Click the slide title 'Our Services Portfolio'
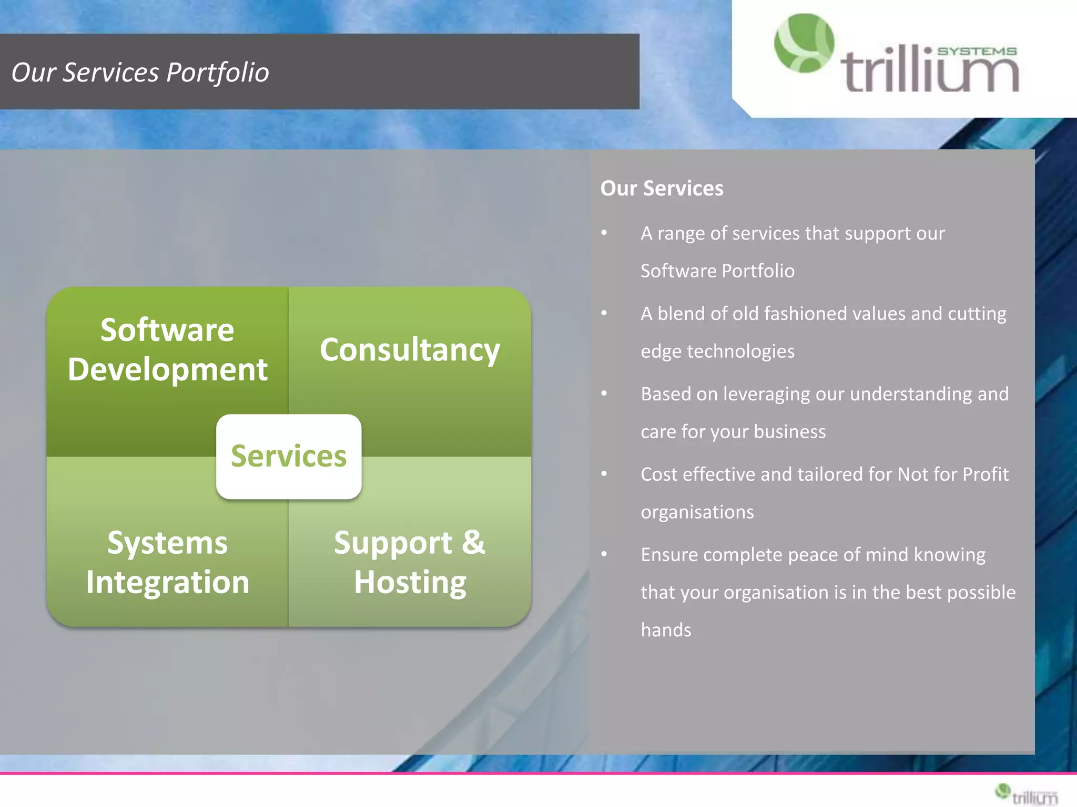[140, 73]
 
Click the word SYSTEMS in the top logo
[977, 51]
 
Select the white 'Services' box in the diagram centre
[289, 456]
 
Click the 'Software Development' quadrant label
[167, 349]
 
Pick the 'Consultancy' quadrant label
[410, 350]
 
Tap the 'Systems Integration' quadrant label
[167, 562]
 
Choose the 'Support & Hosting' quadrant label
[410, 562]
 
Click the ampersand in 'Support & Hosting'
[473, 542]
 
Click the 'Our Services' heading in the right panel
[662, 189]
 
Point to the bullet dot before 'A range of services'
[604, 233]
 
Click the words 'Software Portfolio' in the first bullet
[717, 271]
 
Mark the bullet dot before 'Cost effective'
[604, 474]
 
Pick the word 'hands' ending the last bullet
[666, 630]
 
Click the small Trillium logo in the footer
[1026, 794]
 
